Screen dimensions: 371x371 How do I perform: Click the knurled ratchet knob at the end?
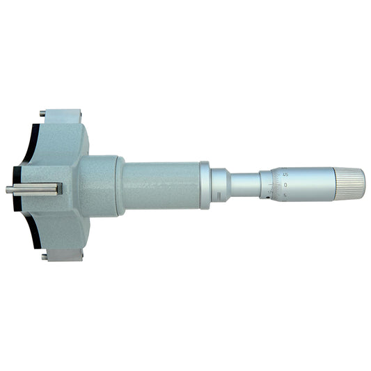[350, 182]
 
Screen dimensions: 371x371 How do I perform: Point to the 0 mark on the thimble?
[287, 184]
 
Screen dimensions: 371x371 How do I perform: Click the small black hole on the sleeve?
[268, 198]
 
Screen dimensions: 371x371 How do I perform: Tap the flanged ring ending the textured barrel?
[205, 184]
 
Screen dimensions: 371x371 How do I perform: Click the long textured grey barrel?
[161, 185]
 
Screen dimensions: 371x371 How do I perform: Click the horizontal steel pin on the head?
[35, 189]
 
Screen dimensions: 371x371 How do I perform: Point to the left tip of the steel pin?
[8, 189]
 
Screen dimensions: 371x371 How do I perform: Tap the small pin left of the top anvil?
[43, 113]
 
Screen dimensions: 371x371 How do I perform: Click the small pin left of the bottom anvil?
[43, 256]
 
